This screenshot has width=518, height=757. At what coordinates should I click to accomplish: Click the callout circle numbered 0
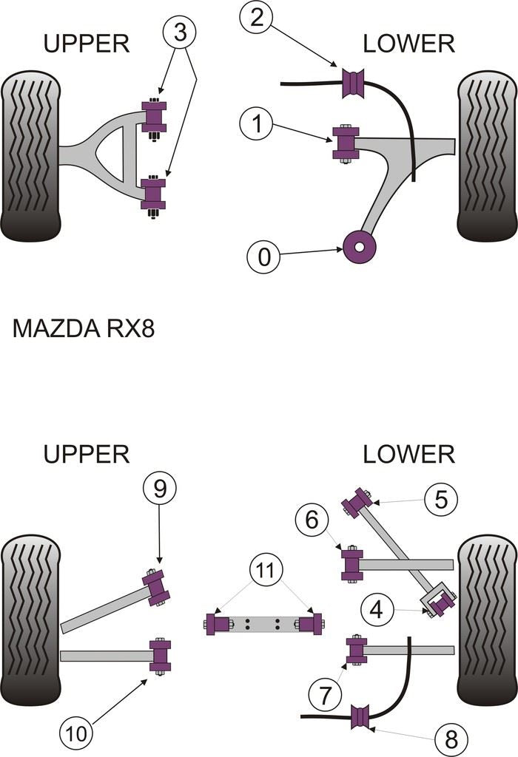264,257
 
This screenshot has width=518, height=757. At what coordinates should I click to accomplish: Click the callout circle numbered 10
77,734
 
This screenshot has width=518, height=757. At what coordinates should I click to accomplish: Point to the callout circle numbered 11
265,570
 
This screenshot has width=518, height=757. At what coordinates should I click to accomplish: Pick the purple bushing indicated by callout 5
357,503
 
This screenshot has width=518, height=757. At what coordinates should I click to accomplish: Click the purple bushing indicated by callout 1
345,144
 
